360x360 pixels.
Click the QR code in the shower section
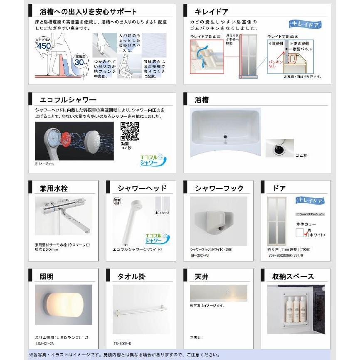click(129, 131)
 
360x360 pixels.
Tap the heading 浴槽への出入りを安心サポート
click(88, 12)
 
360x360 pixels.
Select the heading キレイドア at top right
click(212, 12)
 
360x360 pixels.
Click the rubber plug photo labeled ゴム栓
click(279, 148)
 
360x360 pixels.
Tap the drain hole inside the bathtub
click(225, 135)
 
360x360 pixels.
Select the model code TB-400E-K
click(123, 344)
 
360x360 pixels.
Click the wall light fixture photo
click(63, 304)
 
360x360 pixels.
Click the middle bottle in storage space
click(296, 310)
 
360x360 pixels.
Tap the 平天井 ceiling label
click(195, 338)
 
